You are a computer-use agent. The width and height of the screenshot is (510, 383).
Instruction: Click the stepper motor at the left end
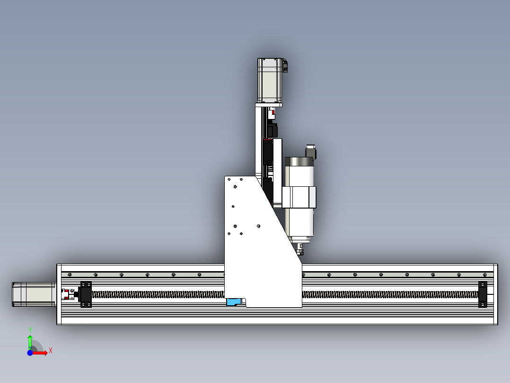click(x=32, y=294)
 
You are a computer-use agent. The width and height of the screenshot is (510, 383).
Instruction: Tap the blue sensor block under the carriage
click(x=234, y=302)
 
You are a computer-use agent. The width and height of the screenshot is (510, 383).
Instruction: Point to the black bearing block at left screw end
click(x=86, y=294)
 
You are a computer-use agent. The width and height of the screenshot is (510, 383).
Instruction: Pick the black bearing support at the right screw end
click(x=483, y=294)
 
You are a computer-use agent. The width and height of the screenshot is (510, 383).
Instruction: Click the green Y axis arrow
click(x=30, y=341)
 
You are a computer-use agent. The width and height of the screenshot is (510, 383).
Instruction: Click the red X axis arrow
click(x=41, y=353)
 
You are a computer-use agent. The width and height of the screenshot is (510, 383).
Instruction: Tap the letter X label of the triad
click(x=50, y=350)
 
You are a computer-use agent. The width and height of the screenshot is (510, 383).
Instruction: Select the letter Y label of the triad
click(x=30, y=329)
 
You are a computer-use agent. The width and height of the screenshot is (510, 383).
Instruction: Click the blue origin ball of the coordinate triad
click(x=30, y=353)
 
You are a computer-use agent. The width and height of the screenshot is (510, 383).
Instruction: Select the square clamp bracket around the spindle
click(x=299, y=197)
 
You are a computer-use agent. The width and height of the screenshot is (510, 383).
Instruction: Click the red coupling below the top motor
click(x=272, y=114)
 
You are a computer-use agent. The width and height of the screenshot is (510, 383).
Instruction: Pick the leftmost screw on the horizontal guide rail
click(x=70, y=274)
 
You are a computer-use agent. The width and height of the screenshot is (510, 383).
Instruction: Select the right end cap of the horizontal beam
click(x=495, y=294)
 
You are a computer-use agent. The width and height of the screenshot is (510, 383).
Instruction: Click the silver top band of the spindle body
click(x=299, y=162)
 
